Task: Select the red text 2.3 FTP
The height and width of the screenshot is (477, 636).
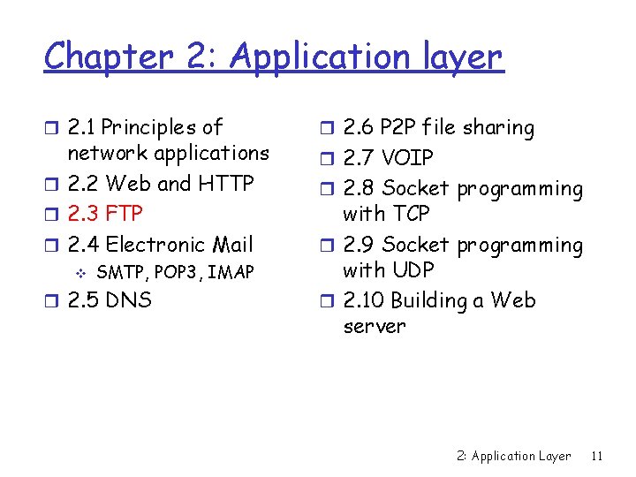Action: point(105,214)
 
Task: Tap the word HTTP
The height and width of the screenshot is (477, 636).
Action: point(225,184)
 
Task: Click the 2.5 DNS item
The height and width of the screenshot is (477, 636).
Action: point(110,300)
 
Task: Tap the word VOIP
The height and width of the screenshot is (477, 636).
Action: point(407,158)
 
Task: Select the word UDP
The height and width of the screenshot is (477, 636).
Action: point(411,269)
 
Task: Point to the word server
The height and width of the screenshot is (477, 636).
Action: point(374,326)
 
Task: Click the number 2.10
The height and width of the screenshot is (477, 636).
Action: point(363,300)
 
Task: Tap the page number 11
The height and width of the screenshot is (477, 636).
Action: point(597,456)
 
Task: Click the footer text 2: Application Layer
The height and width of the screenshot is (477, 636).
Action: point(514,456)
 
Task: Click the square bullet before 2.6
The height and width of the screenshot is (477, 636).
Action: point(326,129)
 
